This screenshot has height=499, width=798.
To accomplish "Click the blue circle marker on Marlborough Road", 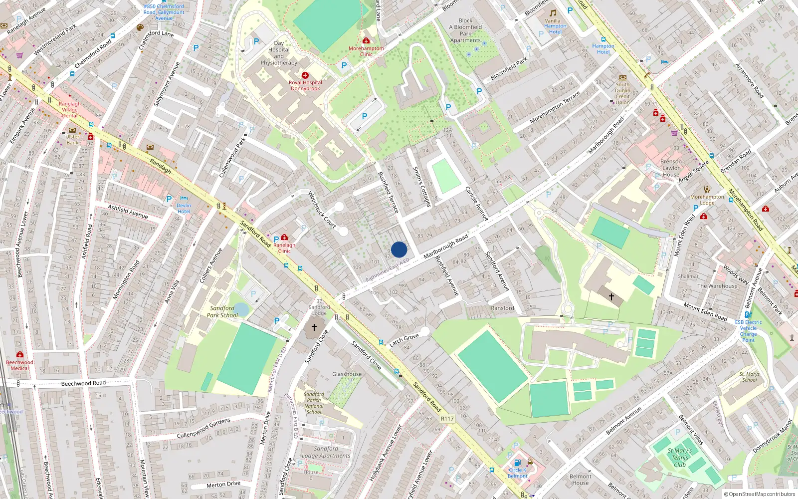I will [x=399, y=249].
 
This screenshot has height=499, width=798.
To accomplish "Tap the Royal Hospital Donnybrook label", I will [x=305, y=85].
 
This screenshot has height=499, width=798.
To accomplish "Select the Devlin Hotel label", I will [x=184, y=208].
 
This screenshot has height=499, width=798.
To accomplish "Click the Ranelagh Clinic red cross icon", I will [x=284, y=238].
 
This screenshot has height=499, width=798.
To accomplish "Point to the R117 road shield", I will [x=447, y=419].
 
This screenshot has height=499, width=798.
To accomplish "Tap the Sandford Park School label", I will [x=222, y=311].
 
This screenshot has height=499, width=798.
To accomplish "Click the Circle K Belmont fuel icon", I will [x=517, y=463].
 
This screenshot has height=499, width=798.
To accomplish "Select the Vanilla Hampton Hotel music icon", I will [x=553, y=13].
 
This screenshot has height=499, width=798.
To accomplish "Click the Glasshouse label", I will [x=347, y=374].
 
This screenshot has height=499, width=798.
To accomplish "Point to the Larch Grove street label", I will [x=404, y=340].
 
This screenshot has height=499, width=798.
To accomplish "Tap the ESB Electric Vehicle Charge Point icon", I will [x=748, y=314].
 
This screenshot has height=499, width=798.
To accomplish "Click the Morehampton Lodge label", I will [x=707, y=200].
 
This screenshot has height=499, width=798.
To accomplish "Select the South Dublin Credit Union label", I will [x=622, y=93].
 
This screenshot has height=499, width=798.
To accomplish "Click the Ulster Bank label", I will [x=72, y=139].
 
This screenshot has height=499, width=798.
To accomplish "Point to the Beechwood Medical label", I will [x=20, y=365].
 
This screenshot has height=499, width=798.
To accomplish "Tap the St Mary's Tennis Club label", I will [x=679, y=457].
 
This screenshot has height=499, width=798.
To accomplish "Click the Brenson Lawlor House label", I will [x=671, y=168].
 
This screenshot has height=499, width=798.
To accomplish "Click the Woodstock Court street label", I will [x=322, y=210].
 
